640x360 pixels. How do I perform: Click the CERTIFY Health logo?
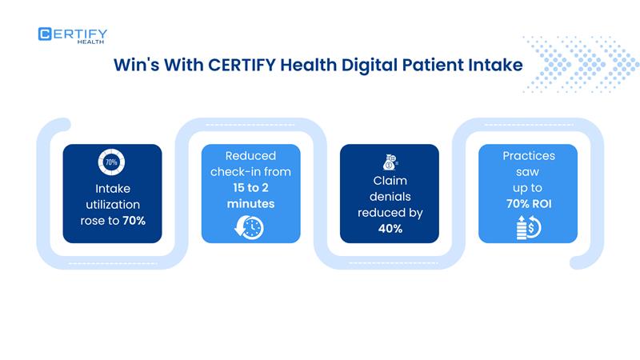click(73, 36)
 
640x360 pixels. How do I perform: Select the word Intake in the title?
click(494, 65)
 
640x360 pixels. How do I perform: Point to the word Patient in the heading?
click(422, 65)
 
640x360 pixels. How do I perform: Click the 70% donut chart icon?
click(112, 162)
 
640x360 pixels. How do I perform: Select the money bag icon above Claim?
click(390, 160)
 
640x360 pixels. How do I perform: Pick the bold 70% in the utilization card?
click(134, 220)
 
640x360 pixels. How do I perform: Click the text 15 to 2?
click(250, 189)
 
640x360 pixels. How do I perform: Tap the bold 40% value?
click(390, 229)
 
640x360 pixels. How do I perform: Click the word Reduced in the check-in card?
click(250, 156)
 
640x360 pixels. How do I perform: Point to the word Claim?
click(390, 182)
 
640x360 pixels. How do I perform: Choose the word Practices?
click(528, 155)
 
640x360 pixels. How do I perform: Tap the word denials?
click(390, 197)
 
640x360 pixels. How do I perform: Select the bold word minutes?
click(250, 204)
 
